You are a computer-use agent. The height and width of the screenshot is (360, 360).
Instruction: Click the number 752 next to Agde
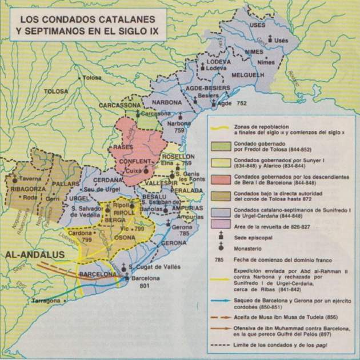(241, 104)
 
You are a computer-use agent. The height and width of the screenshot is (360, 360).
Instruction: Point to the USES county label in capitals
(258, 26)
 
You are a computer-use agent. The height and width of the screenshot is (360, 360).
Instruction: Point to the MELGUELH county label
(248, 75)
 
